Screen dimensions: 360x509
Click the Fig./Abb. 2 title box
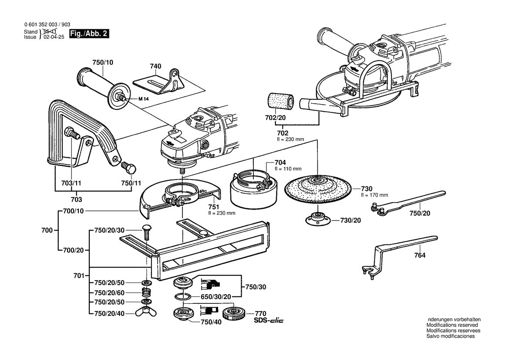[x=89, y=34]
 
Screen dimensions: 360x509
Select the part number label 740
[x=155, y=66]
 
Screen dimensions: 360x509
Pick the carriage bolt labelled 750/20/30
[x=147, y=232]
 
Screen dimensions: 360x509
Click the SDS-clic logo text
[x=268, y=321]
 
